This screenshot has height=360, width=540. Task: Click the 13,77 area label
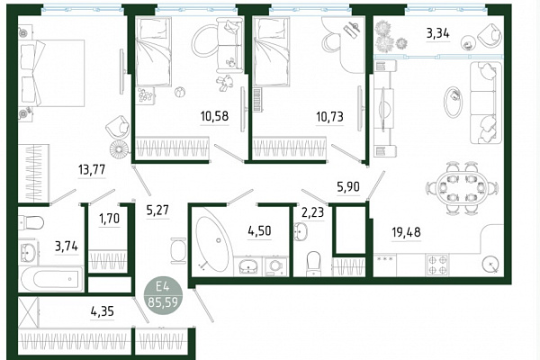(x=92, y=169)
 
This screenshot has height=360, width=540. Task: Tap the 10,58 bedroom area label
(x=214, y=116)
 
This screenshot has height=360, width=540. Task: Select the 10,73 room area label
(x=329, y=117)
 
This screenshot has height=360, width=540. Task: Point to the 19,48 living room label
(x=407, y=232)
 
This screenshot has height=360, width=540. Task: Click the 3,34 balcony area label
(x=438, y=33)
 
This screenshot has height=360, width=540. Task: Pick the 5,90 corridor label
(x=348, y=186)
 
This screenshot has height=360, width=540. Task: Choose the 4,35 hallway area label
(x=103, y=311)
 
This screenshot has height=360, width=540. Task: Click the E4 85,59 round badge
(x=163, y=297)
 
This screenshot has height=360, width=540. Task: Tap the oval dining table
(x=463, y=188)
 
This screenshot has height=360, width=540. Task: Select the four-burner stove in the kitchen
(x=437, y=265)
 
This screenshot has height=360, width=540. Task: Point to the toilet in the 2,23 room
(x=313, y=264)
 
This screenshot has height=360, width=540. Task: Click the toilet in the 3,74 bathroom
(x=31, y=222)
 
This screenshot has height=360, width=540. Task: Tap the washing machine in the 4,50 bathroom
(x=275, y=266)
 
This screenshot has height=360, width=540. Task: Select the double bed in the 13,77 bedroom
(x=51, y=73)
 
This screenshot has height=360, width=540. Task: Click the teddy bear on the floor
(x=225, y=83)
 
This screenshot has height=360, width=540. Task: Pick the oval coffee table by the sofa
(x=453, y=102)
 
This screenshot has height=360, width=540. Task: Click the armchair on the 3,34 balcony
(x=490, y=35)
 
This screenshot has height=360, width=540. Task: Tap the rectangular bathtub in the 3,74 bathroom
(x=51, y=279)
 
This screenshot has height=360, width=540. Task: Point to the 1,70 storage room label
(x=110, y=219)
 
